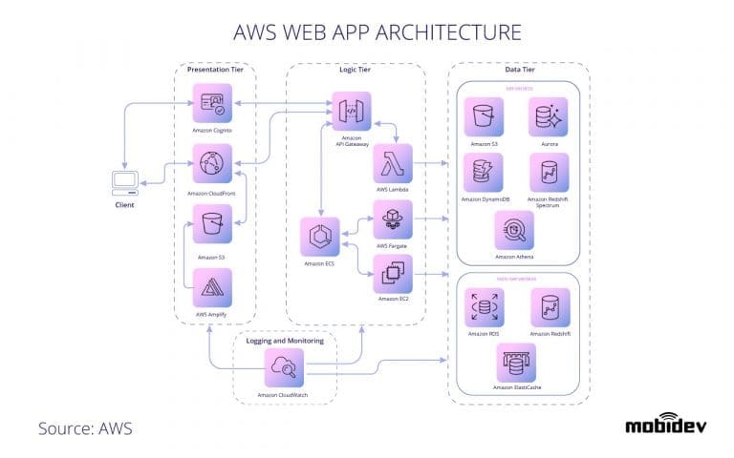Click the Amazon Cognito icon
(212, 103)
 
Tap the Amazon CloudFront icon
(212, 164)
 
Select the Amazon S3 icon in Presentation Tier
(212, 226)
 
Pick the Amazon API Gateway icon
(351, 112)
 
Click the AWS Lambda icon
(393, 163)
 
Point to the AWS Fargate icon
(393, 219)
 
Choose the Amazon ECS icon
(319, 238)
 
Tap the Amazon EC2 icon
(393, 274)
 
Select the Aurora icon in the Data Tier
(549, 117)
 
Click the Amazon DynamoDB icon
(484, 173)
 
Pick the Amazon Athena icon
(514, 231)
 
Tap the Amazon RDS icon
(484, 308)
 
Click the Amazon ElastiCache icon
(516, 364)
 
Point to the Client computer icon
(124, 180)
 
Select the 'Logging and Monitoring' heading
(284, 341)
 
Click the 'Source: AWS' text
(85, 427)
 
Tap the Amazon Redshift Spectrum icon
(549, 173)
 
